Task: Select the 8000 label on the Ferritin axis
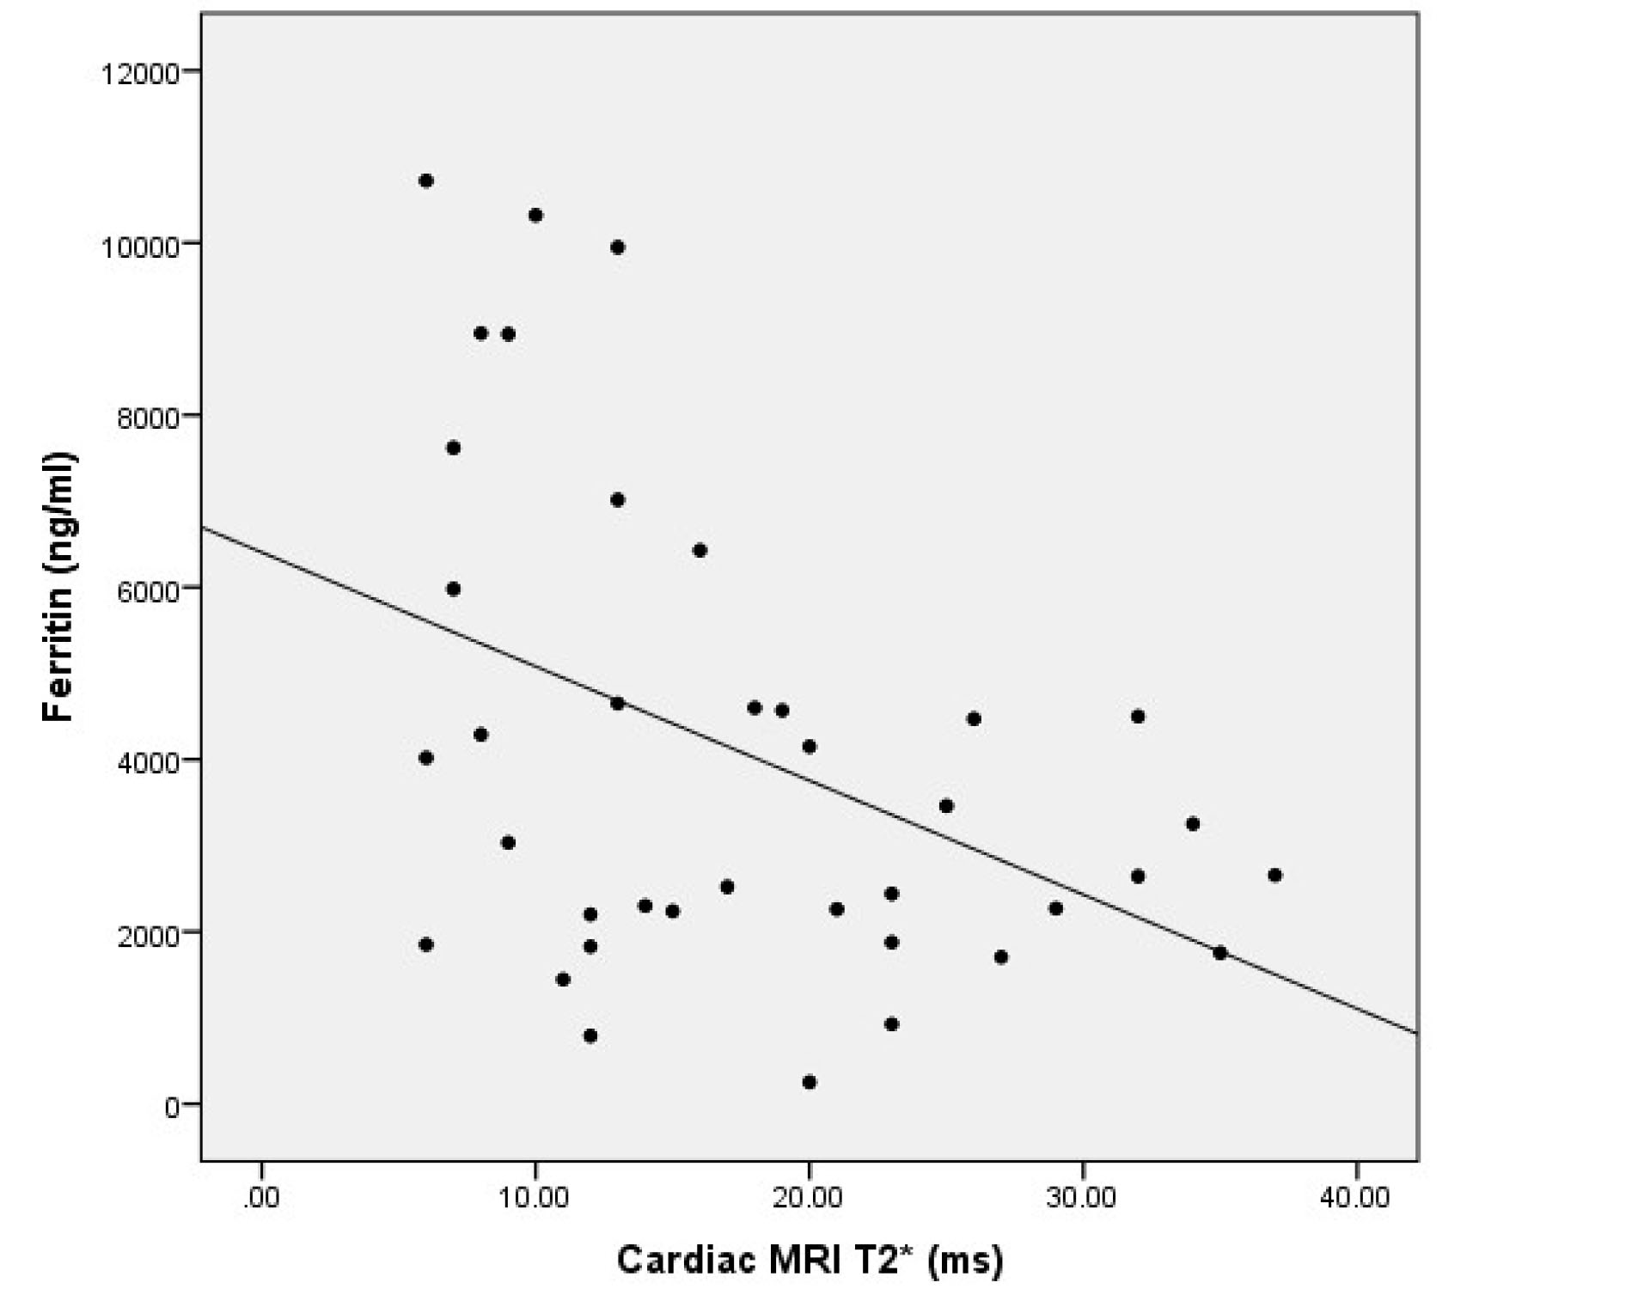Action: [148, 418]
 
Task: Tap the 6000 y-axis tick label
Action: [148, 590]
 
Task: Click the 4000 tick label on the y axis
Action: [148, 762]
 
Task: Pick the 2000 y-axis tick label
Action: [148, 934]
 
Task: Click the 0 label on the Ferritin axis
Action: [172, 1107]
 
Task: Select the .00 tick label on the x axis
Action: [260, 1198]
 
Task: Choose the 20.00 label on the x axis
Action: [808, 1198]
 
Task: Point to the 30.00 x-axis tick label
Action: [1081, 1198]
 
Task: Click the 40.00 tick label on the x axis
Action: [1354, 1198]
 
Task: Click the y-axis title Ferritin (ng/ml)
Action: [59, 587]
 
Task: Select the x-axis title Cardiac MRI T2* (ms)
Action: [809, 1260]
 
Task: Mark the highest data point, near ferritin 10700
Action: [425, 180]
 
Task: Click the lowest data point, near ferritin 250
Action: [809, 1082]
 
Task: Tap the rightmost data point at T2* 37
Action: [1274, 875]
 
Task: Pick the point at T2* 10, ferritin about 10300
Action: [535, 215]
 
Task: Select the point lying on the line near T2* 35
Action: [1219, 952]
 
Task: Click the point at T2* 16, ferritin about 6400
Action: [700, 550]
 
